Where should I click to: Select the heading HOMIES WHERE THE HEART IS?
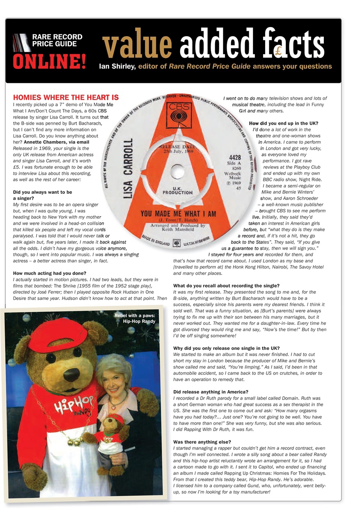pos(66,98)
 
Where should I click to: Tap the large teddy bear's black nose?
pos(71,374)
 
